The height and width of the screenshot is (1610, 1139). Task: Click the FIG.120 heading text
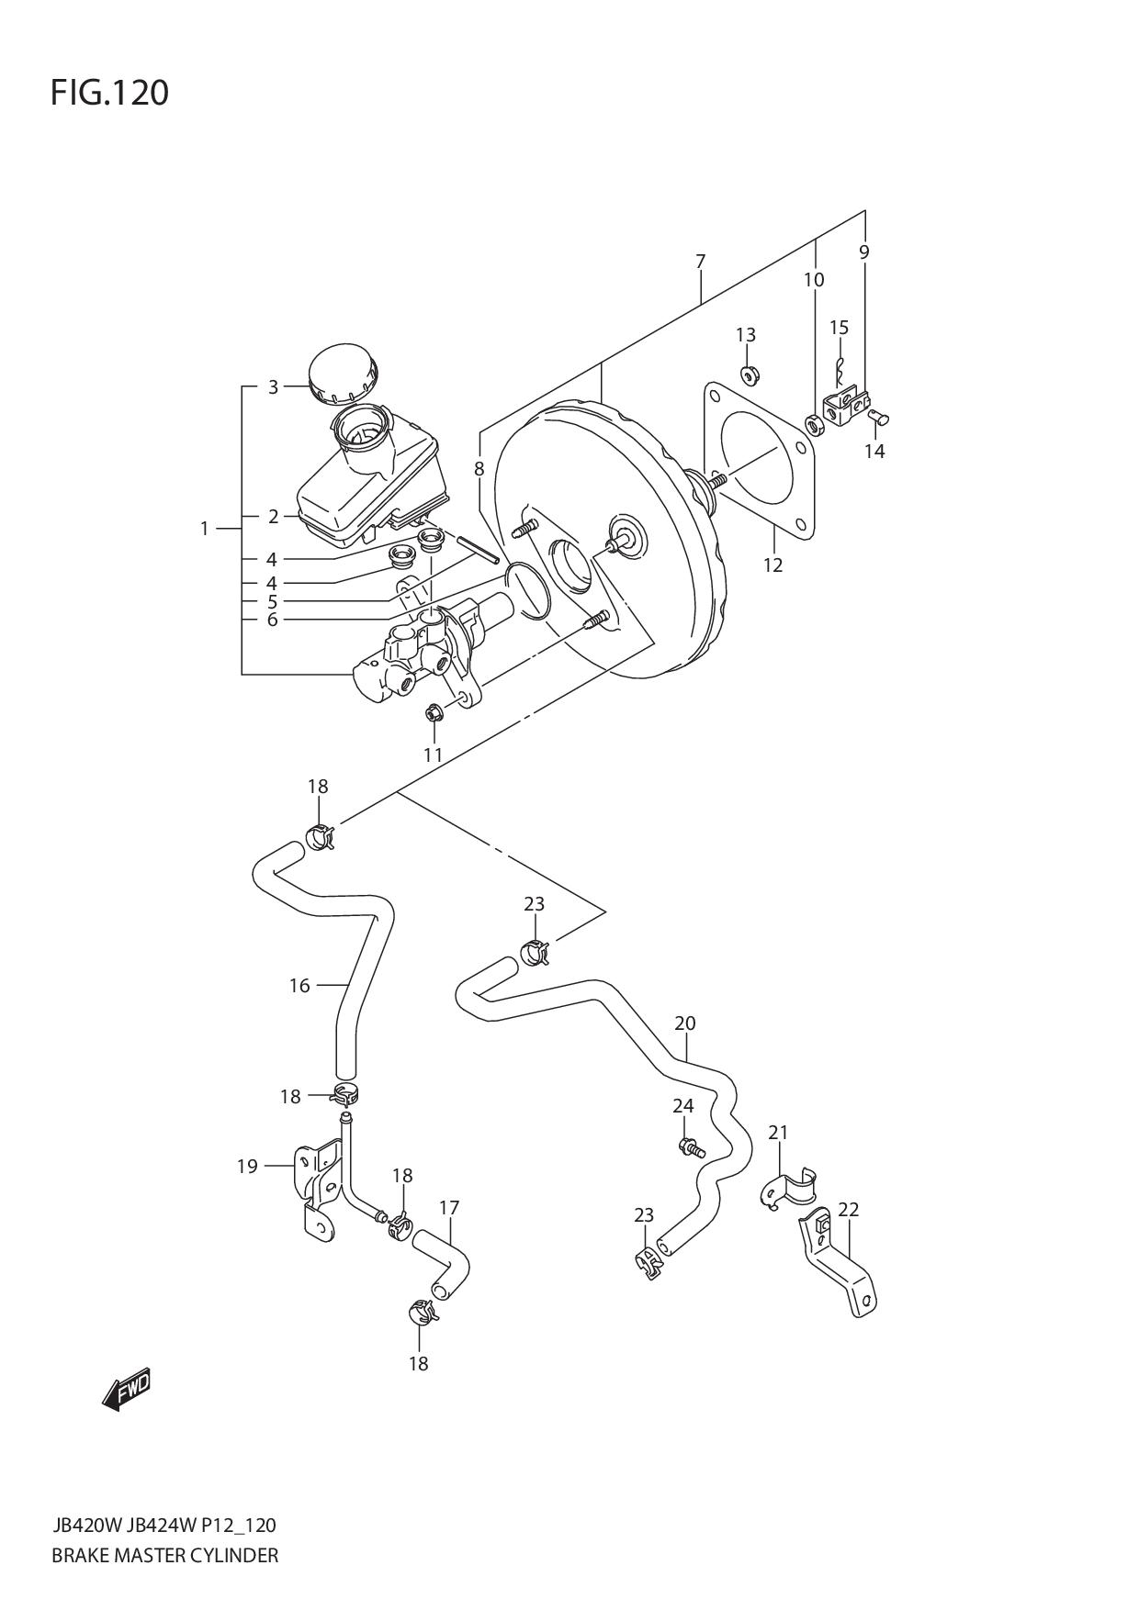click(x=109, y=93)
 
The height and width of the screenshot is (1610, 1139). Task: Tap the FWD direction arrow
click(x=125, y=1392)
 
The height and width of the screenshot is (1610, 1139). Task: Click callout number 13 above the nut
click(x=746, y=334)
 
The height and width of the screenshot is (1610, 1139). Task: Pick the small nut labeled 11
click(x=434, y=712)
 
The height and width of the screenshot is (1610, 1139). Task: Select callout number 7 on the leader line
click(x=700, y=262)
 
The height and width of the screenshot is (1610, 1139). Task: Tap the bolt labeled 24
click(x=691, y=1146)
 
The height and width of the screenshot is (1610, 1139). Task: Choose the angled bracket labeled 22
click(x=840, y=1267)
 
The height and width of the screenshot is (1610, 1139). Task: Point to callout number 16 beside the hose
click(x=299, y=986)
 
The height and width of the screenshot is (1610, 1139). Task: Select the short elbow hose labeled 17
click(x=442, y=1263)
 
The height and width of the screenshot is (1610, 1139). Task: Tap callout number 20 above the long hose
click(x=685, y=1023)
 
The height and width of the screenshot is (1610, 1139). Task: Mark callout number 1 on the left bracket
click(x=204, y=528)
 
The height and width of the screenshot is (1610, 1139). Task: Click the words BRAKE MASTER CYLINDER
click(x=165, y=1555)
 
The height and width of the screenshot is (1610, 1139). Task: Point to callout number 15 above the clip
click(x=839, y=328)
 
